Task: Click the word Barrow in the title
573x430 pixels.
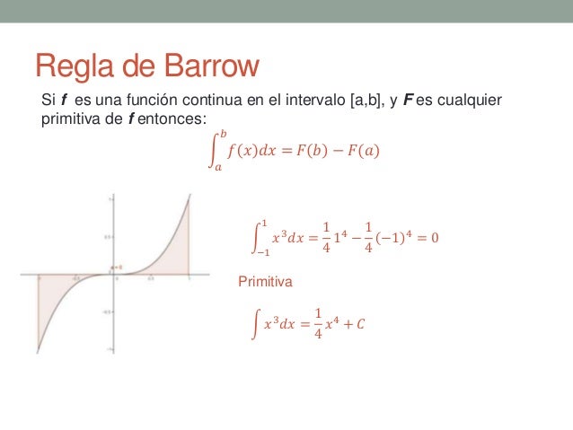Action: click(211, 66)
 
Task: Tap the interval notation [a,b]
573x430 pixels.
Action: click(355, 101)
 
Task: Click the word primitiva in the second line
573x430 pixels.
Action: click(68, 117)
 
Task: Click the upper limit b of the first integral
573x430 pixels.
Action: click(225, 134)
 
